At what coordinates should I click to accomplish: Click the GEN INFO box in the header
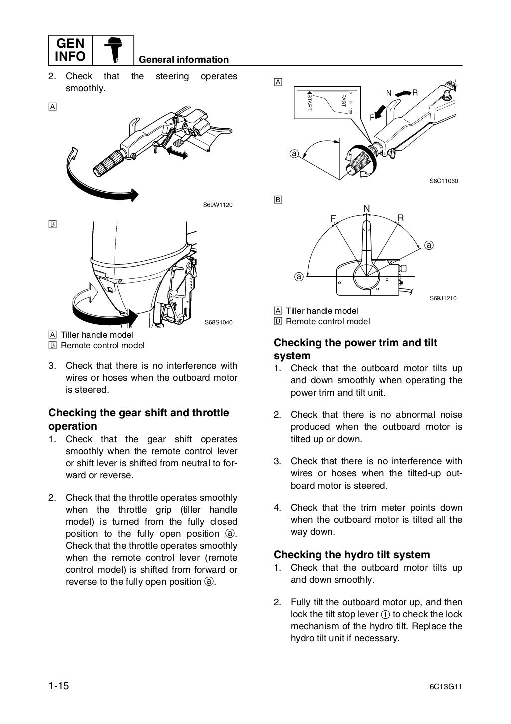pyautogui.click(x=70, y=50)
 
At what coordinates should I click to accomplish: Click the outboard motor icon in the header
pyautogui.click(x=113, y=50)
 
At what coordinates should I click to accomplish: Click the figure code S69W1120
pyautogui.click(x=218, y=205)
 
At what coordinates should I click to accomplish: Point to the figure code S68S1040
pyautogui.click(x=218, y=322)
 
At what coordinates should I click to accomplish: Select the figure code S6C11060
pyautogui.click(x=443, y=181)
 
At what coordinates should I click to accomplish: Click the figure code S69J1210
pyautogui.click(x=443, y=298)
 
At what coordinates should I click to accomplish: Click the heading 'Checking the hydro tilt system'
pyautogui.click(x=352, y=554)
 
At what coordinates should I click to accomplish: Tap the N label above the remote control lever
pyautogui.click(x=367, y=208)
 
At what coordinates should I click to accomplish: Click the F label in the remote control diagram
pyautogui.click(x=333, y=218)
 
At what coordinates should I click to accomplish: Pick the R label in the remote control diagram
pyautogui.click(x=401, y=217)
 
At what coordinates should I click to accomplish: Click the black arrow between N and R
pyautogui.click(x=401, y=93)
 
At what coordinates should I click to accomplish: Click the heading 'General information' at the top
pyautogui.click(x=183, y=60)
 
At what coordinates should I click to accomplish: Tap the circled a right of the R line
pyautogui.click(x=429, y=245)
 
